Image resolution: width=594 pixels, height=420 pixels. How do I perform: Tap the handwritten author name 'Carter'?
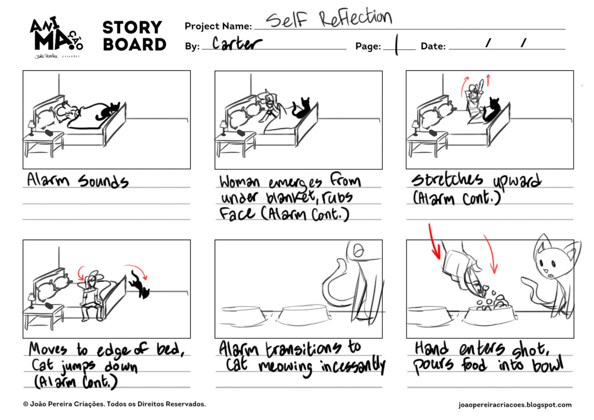pos(237,44)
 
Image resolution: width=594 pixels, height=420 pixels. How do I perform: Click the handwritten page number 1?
pos(397,45)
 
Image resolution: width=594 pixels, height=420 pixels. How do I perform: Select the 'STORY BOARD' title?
pos(134,36)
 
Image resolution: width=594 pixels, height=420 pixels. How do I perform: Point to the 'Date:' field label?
pos(433,46)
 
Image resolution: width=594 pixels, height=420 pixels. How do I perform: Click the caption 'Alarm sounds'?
pos(77,181)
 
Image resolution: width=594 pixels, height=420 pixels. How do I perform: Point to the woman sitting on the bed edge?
pos(90,296)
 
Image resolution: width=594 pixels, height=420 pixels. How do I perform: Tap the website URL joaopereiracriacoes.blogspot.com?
pos(515,405)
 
